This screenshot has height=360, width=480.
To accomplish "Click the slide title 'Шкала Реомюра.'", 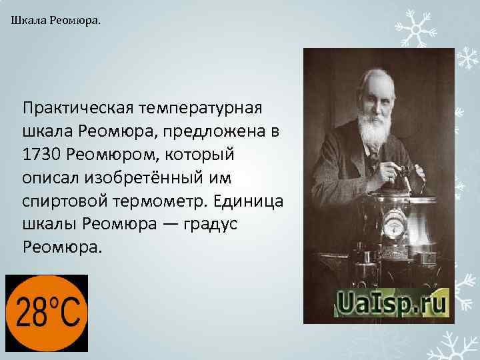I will [x=57, y=21].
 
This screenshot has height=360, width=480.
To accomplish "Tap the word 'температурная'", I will [x=204, y=107].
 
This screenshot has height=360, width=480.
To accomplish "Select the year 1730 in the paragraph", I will [x=41, y=155].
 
